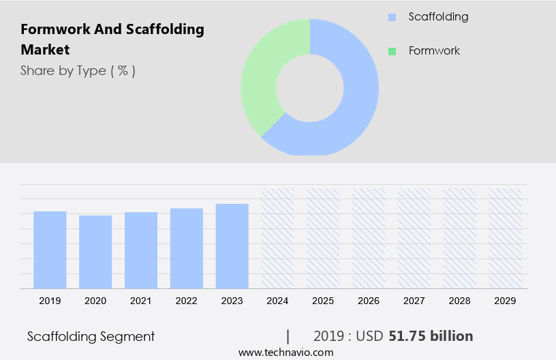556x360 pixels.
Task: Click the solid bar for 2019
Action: click(50, 250)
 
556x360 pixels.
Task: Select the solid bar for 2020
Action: click(95, 252)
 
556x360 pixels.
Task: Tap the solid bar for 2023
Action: click(232, 246)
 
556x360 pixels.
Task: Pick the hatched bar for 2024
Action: click(278, 239)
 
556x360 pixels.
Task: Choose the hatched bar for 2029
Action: click(506, 239)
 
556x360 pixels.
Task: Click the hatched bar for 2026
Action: click(369, 239)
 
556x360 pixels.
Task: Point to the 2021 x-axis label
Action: click(141, 300)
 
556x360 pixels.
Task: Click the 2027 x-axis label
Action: click(414, 300)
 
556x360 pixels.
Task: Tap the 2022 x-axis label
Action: click(187, 300)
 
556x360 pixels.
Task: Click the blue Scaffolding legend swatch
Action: click(392, 17)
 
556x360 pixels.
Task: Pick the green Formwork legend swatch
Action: click(392, 51)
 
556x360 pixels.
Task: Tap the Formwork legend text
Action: click(434, 51)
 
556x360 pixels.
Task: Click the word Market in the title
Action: click(45, 50)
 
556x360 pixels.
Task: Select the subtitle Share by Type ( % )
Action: click(78, 70)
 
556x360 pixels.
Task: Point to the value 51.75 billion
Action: click(431, 336)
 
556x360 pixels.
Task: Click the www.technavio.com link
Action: click(285, 352)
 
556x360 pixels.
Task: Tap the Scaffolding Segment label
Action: click(91, 336)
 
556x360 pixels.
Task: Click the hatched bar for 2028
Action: click(460, 239)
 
